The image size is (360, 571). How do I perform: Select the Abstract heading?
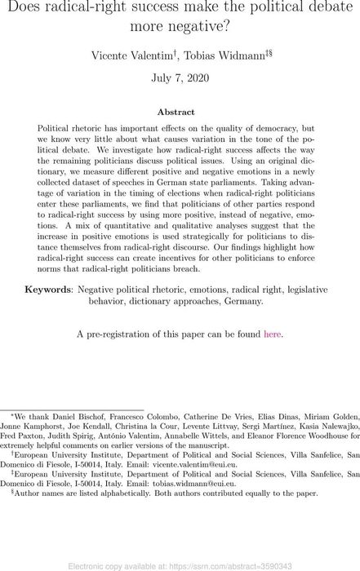point(180,112)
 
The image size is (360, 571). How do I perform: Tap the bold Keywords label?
point(49,290)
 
